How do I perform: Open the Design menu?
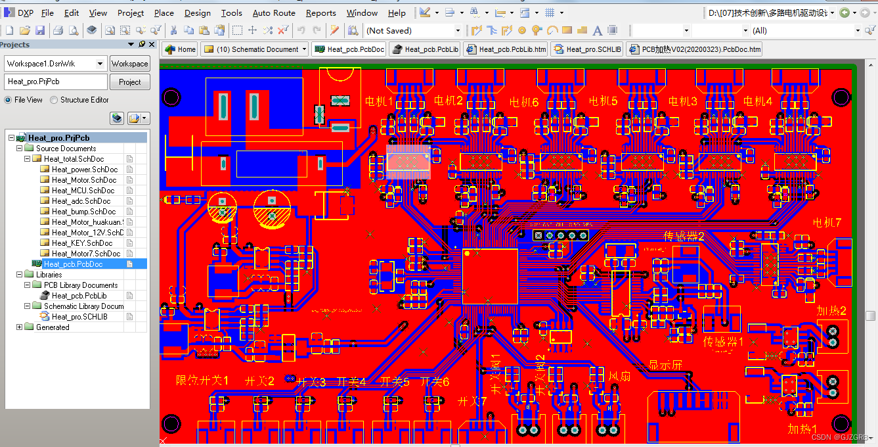pos(197,12)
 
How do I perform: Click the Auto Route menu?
pos(273,12)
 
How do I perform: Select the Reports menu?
pos(320,12)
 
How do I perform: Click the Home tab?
pos(181,49)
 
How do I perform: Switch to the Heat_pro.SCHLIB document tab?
pos(587,49)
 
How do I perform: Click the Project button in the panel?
pos(129,82)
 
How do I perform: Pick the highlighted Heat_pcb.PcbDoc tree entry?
pos(73,264)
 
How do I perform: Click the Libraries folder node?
pos(49,275)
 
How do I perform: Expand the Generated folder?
pos(19,327)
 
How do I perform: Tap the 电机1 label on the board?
pos(378,101)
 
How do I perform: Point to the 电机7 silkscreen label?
pos(827,222)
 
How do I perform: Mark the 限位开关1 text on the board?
pos(202,381)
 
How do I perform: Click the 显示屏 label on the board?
pos(665,365)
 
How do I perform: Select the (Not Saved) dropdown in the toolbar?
pos(413,31)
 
